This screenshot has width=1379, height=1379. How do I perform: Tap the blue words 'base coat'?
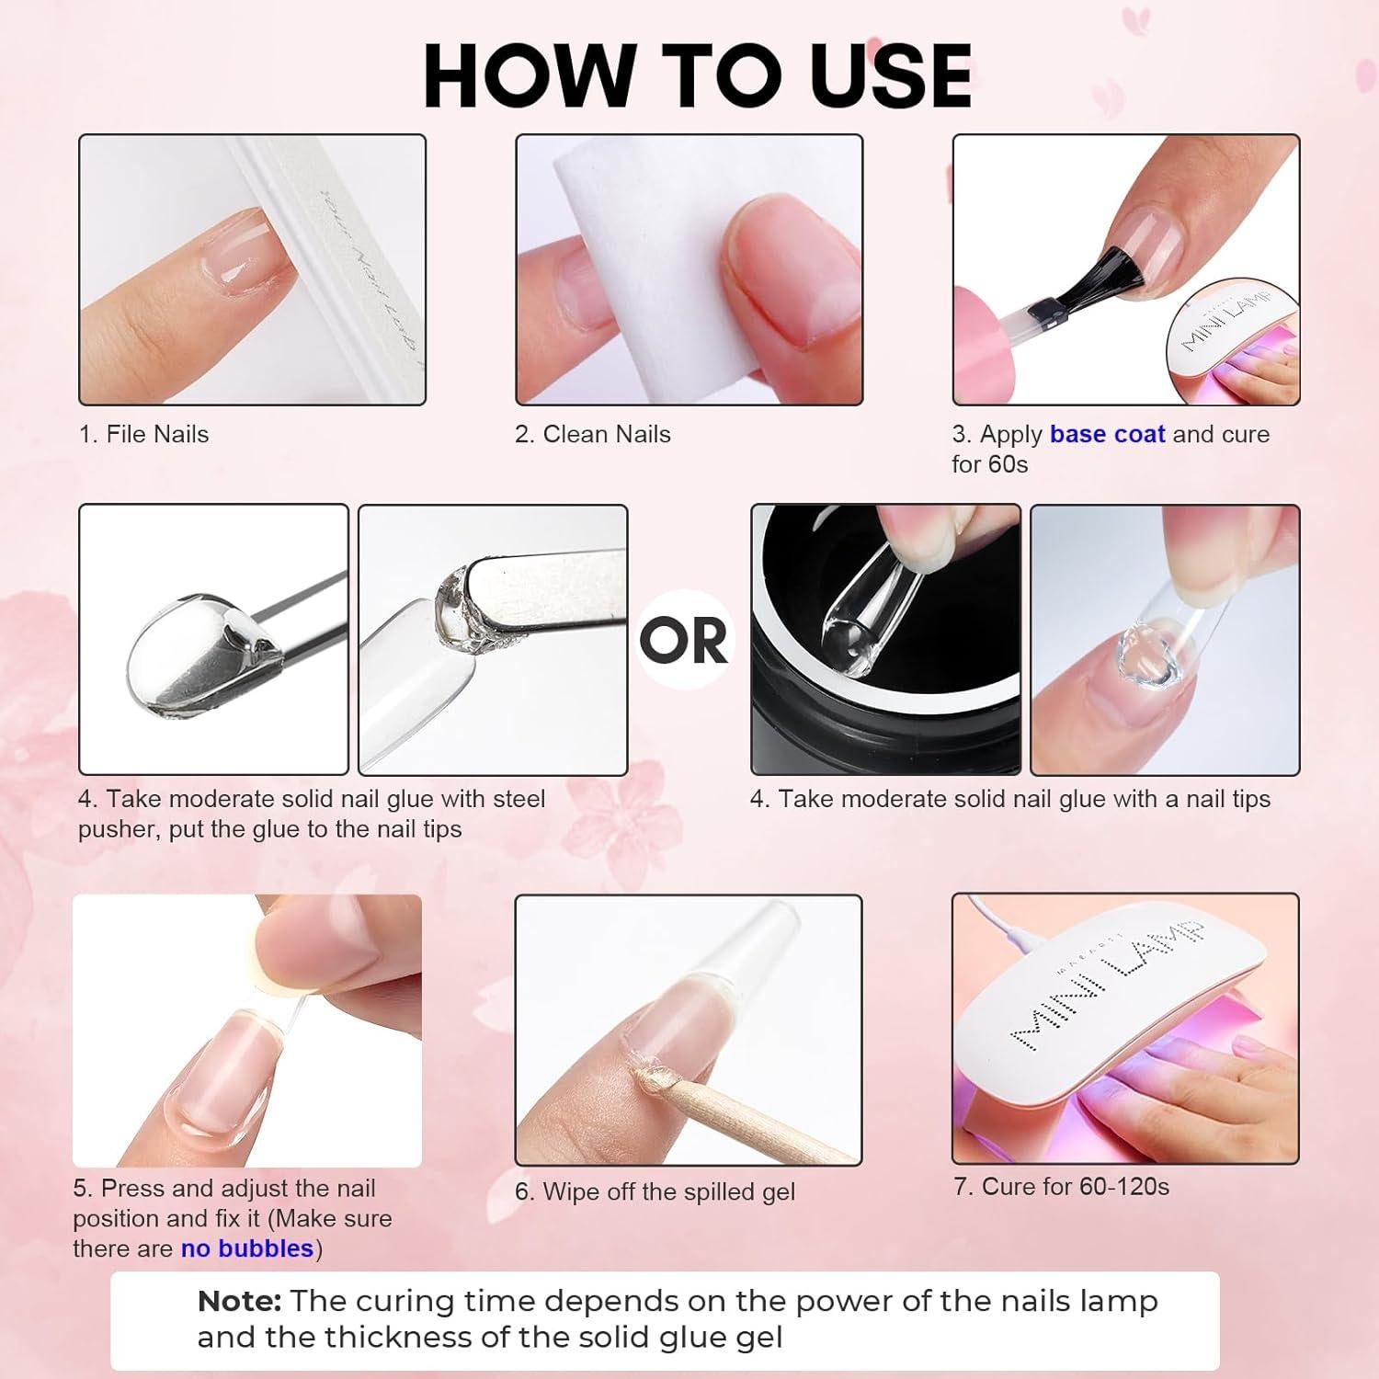coord(1107,434)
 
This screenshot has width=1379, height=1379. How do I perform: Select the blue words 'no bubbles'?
coord(247,1248)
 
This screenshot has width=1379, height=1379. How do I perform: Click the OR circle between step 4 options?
coord(684,640)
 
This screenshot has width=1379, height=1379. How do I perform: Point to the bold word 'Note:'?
coord(239,1301)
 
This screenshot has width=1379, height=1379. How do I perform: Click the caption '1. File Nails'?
coord(144,434)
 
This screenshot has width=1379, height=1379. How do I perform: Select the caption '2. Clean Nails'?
coord(593,434)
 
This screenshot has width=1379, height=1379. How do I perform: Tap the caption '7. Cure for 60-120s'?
coord(1062,1186)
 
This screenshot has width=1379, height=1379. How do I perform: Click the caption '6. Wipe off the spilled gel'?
coord(655,1191)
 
